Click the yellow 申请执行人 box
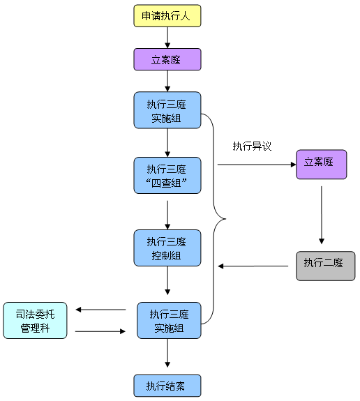[167, 15]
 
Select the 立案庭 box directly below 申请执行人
[167, 59]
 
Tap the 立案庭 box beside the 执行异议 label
[322, 165]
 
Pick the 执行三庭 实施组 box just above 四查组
[167, 110]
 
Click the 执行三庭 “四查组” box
[167, 176]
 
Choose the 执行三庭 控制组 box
[167, 248]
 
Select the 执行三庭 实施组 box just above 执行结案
[169, 320]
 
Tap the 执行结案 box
[167, 386]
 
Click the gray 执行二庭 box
[325, 266]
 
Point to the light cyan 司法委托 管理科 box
[35, 320]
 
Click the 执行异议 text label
[252, 146]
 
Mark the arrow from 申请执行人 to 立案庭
[167, 38]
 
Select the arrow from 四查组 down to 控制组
[167, 215]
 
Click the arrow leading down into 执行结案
[167, 353]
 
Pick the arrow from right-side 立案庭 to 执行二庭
[322, 215]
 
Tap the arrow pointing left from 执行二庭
[253, 266]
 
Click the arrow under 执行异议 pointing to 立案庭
[257, 165]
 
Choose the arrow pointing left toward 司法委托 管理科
[100, 310]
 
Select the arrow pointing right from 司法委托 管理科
[100, 331]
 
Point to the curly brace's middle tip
[225, 219]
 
